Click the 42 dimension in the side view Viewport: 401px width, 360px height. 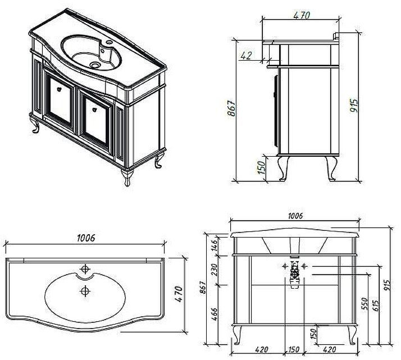[245, 55]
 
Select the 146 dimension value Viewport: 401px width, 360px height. [214, 245]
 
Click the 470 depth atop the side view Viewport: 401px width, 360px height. [301, 16]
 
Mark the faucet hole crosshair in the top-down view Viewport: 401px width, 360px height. [85, 268]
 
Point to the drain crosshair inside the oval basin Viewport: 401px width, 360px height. [85, 290]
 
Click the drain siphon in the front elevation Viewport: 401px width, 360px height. [294, 274]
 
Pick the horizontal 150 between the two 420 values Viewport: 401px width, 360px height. [294, 349]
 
